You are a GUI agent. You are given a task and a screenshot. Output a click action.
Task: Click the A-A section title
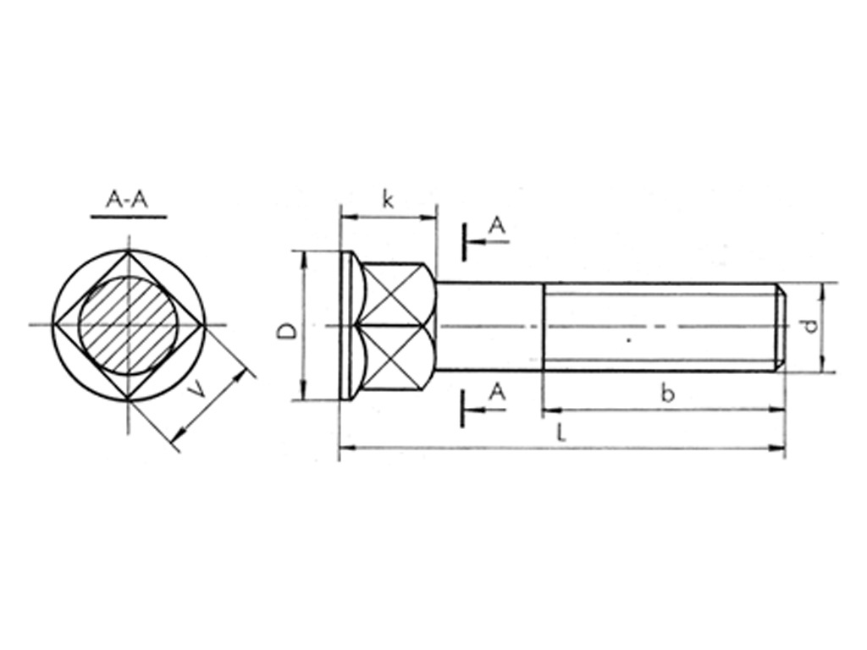[128, 200]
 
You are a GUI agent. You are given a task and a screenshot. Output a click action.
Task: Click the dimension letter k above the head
[388, 200]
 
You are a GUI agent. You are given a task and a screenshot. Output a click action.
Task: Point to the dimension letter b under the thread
[668, 393]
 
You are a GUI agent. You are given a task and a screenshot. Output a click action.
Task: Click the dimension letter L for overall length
[561, 432]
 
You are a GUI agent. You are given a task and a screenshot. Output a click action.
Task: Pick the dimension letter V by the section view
[196, 390]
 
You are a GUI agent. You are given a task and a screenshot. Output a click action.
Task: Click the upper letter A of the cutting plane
[498, 226]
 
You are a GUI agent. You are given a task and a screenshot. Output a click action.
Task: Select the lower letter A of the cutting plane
[498, 392]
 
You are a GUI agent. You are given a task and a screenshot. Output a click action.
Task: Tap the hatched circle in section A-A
[129, 326]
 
